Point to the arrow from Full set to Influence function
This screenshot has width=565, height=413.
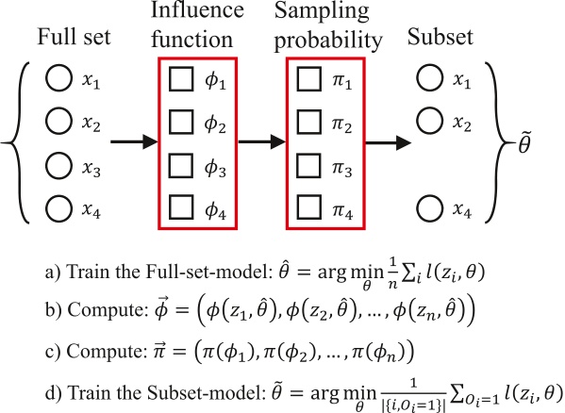(x=132, y=144)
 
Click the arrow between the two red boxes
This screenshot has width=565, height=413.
(x=261, y=144)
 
